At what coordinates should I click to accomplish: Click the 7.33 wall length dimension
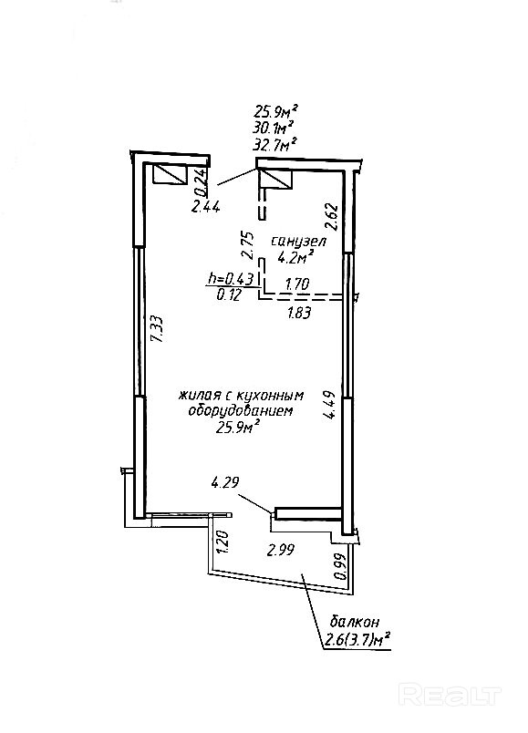tap(159, 329)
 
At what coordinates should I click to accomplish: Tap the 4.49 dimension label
tap(330, 406)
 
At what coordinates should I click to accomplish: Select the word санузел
tap(299, 242)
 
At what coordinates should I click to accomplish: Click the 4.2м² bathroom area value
tap(295, 257)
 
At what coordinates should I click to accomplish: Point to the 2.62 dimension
tap(332, 216)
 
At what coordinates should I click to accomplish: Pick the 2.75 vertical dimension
tap(247, 245)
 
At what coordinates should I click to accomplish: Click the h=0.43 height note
tap(231, 279)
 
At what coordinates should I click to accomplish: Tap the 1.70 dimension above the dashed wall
tap(297, 284)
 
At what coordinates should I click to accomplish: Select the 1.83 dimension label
tap(299, 313)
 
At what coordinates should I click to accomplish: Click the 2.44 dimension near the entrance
tap(205, 206)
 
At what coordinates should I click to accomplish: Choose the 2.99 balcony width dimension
tap(281, 551)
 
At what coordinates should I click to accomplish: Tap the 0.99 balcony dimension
tap(341, 566)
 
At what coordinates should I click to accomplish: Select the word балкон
tap(355, 622)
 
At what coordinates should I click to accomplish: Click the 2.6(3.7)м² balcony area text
tap(357, 638)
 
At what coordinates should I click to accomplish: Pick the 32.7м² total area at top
tap(275, 143)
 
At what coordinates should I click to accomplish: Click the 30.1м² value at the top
tap(274, 127)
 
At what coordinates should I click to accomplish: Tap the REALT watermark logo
tap(450, 695)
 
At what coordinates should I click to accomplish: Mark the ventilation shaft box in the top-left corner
tap(171, 173)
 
